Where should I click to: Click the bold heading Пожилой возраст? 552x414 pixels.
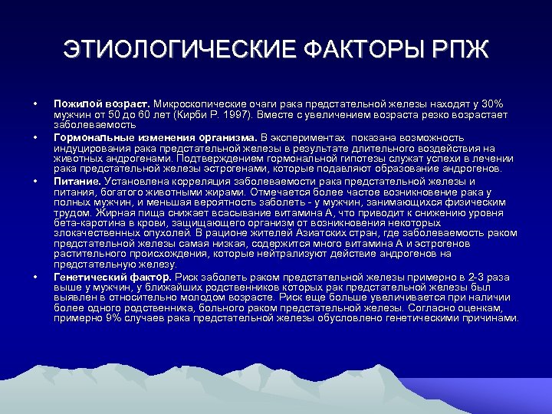tap(101, 103)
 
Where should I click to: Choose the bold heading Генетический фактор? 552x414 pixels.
tap(113, 276)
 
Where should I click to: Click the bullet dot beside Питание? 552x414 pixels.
tap(35, 181)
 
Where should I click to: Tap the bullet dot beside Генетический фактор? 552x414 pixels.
tap(35, 276)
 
